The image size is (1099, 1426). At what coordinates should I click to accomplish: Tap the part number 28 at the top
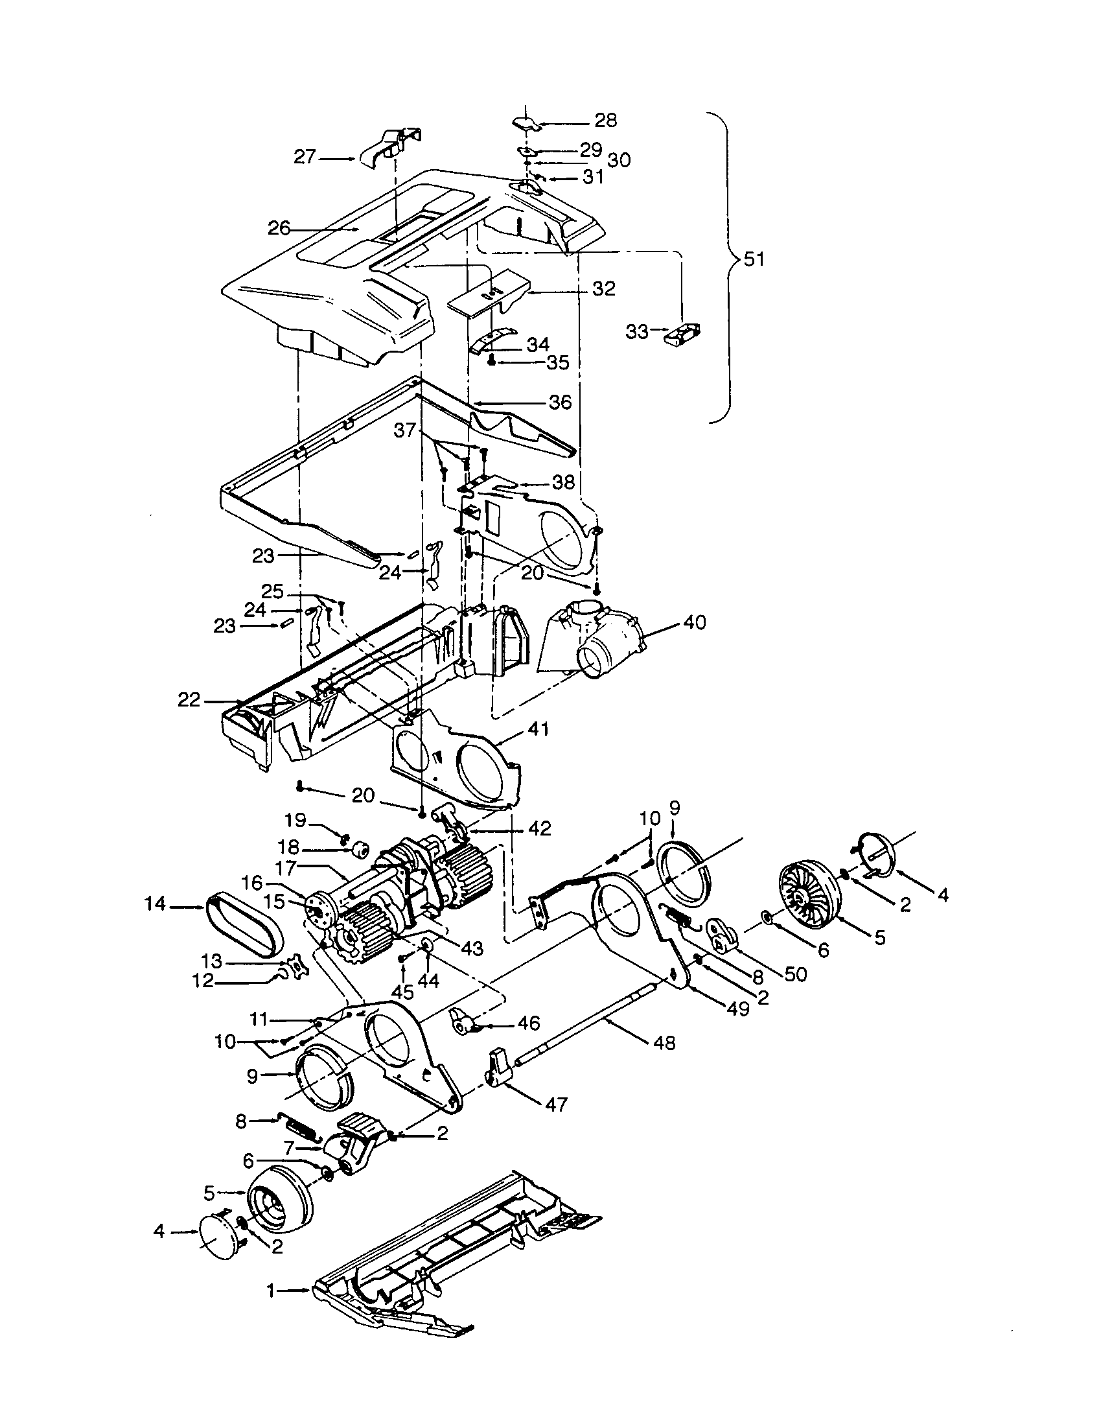click(605, 120)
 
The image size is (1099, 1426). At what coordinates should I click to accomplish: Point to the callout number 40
click(695, 622)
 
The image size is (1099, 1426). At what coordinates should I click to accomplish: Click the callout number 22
click(189, 701)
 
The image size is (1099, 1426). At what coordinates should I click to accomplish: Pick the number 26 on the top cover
click(279, 229)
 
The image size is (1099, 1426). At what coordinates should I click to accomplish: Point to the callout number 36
click(560, 403)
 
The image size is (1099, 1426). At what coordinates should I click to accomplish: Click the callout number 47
click(556, 1104)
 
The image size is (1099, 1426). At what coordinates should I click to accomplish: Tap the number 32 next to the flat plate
click(605, 288)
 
